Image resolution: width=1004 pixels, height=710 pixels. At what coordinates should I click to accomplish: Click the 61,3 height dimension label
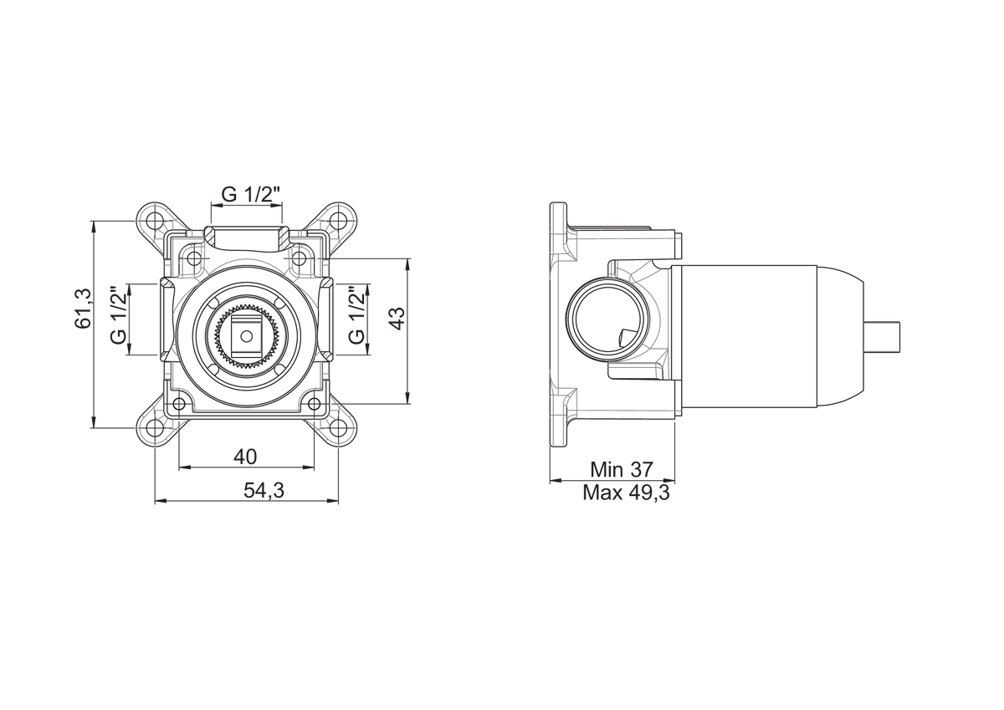[84, 309]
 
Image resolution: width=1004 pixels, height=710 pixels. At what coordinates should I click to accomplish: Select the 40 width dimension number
[245, 457]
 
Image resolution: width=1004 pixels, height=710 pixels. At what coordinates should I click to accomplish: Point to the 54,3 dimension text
[264, 491]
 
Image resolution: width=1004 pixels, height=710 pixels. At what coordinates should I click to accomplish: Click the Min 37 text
[622, 470]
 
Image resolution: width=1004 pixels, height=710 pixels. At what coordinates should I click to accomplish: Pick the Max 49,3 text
[626, 493]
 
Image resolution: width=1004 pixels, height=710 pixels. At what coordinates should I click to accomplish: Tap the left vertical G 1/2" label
[119, 315]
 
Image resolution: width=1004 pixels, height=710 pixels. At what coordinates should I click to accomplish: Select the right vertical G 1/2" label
[357, 315]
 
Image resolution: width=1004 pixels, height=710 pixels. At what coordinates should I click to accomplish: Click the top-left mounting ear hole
[155, 219]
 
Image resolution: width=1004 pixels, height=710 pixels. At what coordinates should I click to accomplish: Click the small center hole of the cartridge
[246, 335]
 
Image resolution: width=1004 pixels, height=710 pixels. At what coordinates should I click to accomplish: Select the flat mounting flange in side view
[559, 324]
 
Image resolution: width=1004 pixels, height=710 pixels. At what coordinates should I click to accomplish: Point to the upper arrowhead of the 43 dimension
[407, 263]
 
